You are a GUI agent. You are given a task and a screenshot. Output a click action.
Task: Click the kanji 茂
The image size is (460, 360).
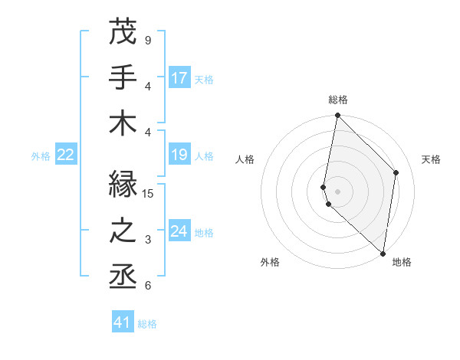(x=123, y=31)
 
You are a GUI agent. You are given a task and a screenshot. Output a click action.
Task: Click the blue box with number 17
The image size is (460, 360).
(x=179, y=77)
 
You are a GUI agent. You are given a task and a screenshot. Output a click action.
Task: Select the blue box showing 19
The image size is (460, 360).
(x=179, y=155)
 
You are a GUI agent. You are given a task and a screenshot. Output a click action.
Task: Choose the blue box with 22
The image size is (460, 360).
(x=65, y=155)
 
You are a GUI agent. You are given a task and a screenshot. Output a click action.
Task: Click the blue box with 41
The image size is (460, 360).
(x=123, y=322)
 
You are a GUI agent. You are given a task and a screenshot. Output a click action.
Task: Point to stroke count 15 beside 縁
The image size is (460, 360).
(x=149, y=194)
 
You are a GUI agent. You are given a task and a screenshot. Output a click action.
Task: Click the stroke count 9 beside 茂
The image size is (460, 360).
(x=148, y=40)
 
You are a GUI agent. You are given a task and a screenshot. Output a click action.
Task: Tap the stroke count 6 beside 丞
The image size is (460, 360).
(x=148, y=286)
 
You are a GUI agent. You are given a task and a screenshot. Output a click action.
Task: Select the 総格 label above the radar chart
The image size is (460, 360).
(x=337, y=100)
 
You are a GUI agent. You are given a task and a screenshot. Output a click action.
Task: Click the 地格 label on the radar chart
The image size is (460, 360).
(x=402, y=262)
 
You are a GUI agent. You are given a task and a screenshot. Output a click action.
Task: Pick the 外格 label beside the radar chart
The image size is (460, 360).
(x=270, y=262)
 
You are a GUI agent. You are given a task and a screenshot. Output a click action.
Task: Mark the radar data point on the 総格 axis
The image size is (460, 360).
(x=337, y=116)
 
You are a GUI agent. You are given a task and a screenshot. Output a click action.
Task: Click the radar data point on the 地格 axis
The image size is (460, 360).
(x=383, y=253)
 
